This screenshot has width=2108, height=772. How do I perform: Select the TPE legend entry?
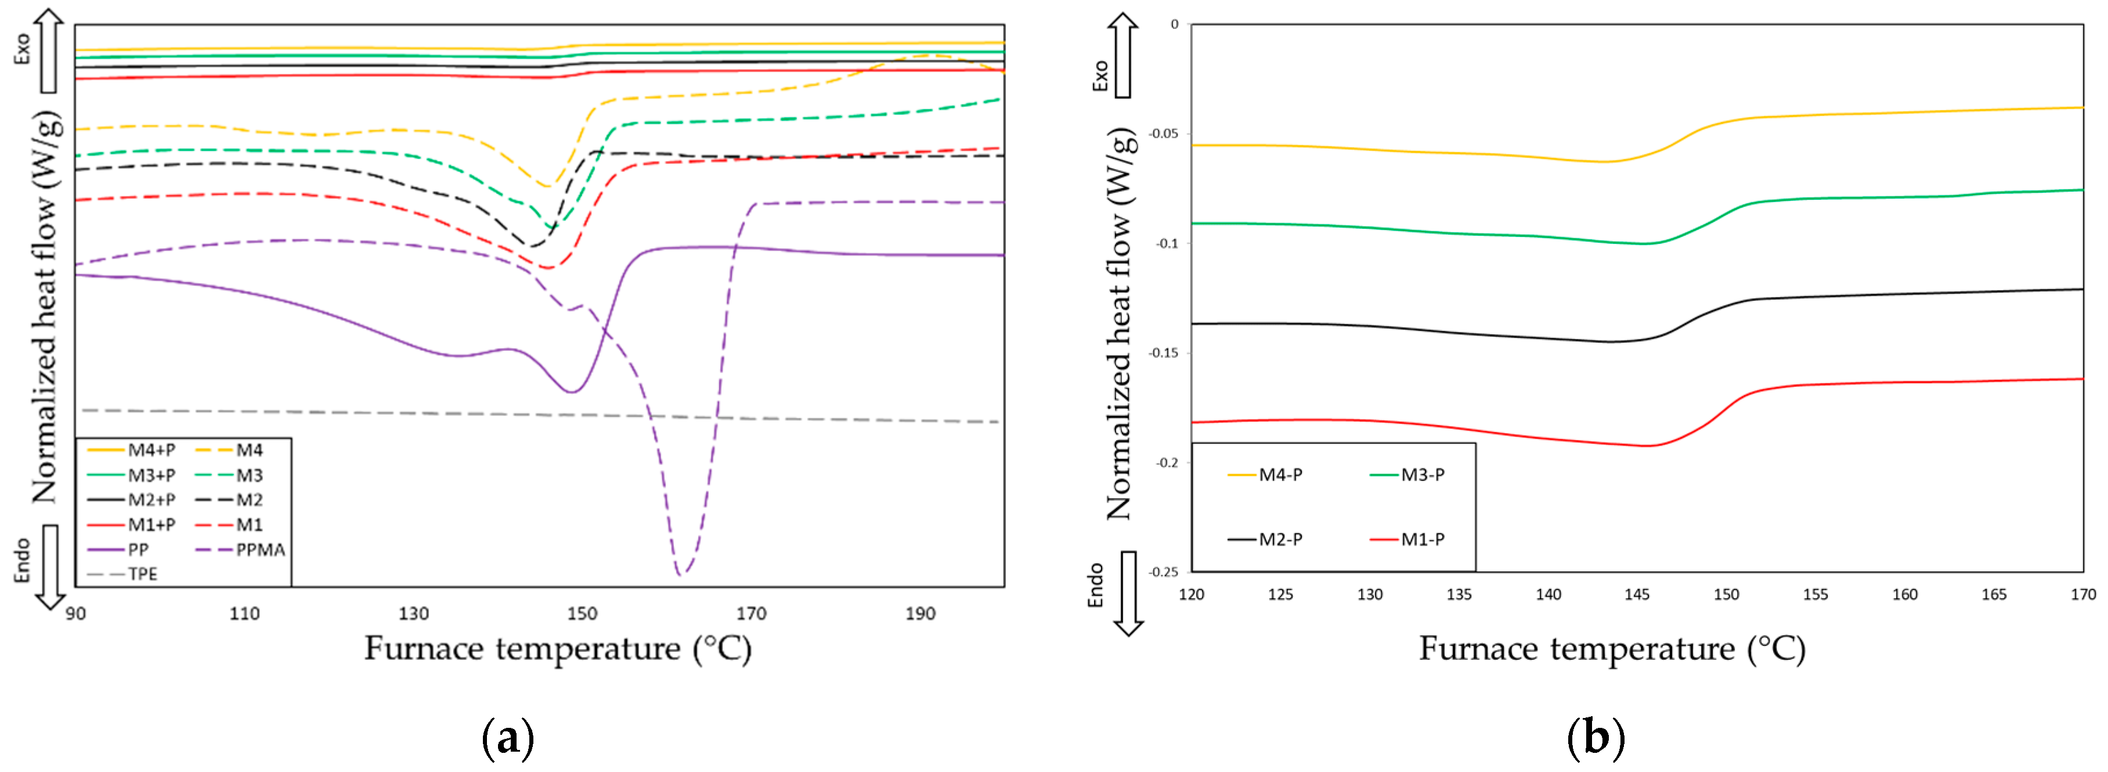pos(142,574)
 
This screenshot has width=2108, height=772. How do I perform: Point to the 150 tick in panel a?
pos(582,613)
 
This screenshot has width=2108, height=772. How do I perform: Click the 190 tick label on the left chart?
pos(920,613)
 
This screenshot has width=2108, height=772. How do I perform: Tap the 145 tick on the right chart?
pos(1637,594)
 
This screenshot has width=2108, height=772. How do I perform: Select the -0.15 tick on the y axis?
pos(1164,353)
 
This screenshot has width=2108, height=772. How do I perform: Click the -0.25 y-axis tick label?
pos(1164,572)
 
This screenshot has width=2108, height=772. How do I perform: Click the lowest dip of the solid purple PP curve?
pos(571,392)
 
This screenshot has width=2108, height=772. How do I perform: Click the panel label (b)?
pos(1595,738)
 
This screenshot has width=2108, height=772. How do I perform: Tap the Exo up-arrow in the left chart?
pos(49,49)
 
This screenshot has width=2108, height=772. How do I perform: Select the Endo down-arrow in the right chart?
pos(1128,594)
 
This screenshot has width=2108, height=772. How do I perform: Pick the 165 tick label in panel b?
pos(1994,594)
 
